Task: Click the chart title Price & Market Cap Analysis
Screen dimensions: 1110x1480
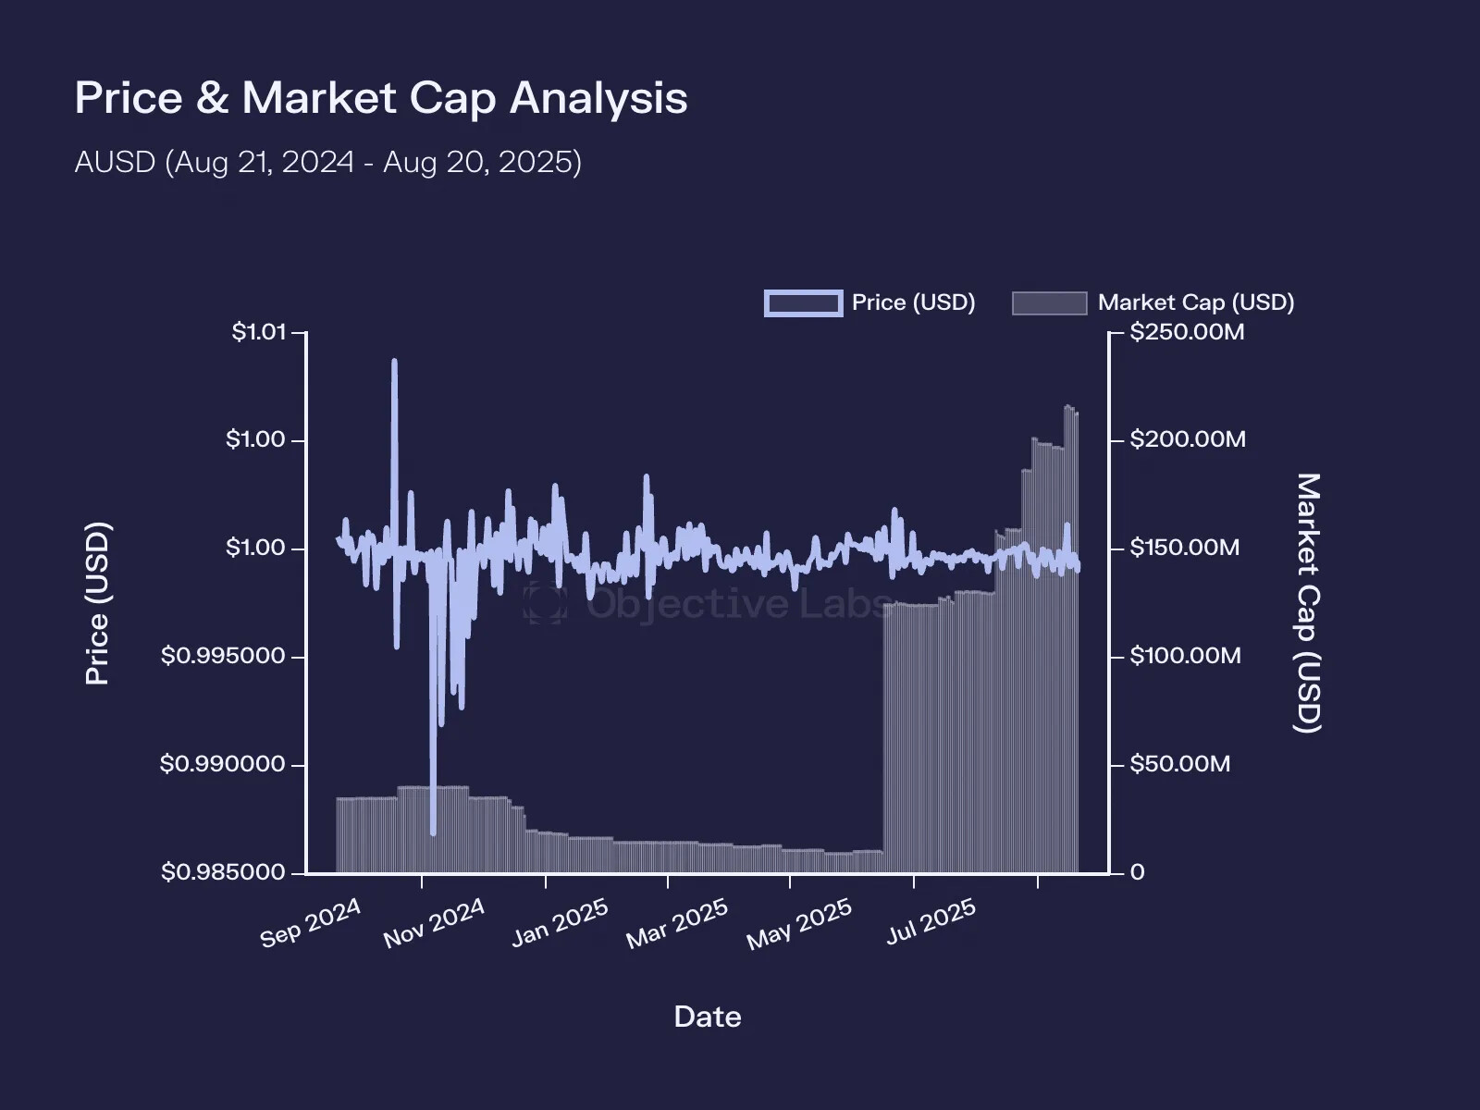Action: click(x=380, y=98)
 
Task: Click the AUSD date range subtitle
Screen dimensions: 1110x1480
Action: click(x=327, y=162)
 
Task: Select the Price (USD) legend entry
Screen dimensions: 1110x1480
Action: click(x=869, y=302)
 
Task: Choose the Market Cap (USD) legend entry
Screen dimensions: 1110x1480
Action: click(x=1153, y=302)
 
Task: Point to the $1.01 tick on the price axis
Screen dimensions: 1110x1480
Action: click(x=259, y=332)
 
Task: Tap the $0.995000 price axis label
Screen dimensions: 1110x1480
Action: click(x=223, y=656)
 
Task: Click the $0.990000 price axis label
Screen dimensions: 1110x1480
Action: click(x=223, y=764)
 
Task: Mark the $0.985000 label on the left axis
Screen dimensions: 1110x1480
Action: click(x=223, y=872)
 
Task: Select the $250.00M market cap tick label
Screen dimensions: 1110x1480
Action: click(x=1187, y=332)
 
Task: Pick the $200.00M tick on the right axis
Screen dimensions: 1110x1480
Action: click(x=1188, y=439)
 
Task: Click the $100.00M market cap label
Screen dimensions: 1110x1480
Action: click(x=1185, y=656)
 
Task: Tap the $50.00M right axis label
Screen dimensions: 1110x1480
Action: click(x=1179, y=764)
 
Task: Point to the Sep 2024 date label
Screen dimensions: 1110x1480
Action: click(x=311, y=922)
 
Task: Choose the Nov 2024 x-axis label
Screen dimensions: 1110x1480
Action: click(x=434, y=922)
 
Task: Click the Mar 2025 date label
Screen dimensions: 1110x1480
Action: click(x=677, y=924)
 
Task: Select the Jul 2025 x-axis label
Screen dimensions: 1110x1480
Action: click(x=931, y=921)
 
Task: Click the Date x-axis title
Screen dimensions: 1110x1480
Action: click(x=708, y=1017)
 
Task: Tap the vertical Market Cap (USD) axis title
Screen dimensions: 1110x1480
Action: click(x=1307, y=603)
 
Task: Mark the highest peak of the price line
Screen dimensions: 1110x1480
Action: click(x=395, y=362)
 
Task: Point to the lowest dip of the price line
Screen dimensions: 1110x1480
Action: click(x=433, y=833)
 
